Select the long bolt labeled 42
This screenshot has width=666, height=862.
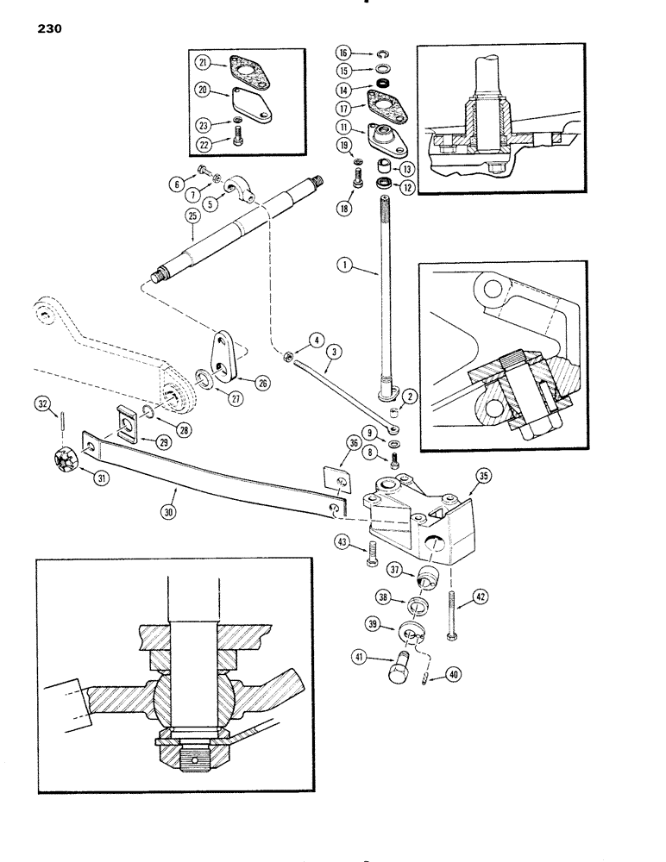(x=451, y=617)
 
